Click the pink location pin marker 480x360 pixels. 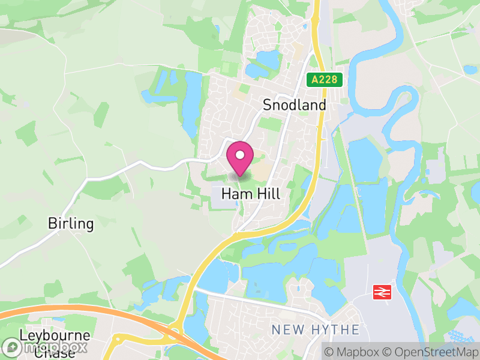coord(240,159)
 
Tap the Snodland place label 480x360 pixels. coord(295,105)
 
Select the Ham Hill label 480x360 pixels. coord(251,194)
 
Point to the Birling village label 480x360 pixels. coord(71,224)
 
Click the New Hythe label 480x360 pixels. coord(316,329)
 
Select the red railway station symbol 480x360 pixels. coord(381,292)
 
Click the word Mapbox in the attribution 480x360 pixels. coord(356,350)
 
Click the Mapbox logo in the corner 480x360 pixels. coord(45,347)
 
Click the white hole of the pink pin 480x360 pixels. coord(240,155)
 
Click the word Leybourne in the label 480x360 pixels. coord(55,335)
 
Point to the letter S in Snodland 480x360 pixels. coord(268,105)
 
